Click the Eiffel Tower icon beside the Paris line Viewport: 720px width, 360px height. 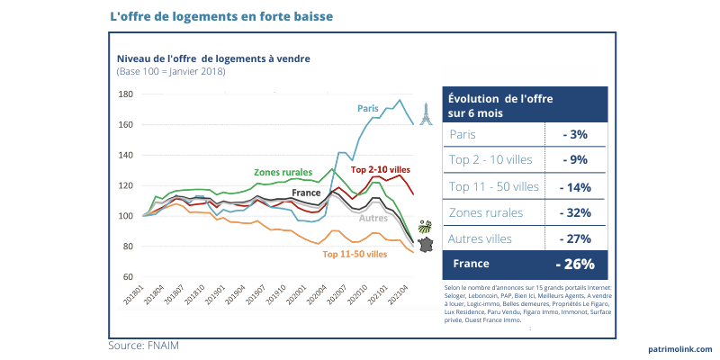[x=426, y=112]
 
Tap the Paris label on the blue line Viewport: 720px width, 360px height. [x=368, y=109]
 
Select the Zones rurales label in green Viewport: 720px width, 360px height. [x=283, y=171]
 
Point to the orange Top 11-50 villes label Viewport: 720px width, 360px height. [x=355, y=255]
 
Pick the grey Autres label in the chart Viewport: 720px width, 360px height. [x=373, y=218]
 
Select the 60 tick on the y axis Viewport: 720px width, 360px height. [x=128, y=277]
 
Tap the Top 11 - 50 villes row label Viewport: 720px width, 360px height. [x=494, y=187]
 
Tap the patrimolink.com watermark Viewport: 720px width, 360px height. [x=679, y=349]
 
